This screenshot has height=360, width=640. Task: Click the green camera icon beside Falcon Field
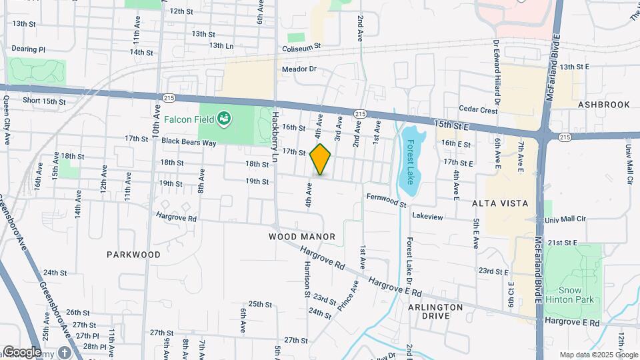point(225,119)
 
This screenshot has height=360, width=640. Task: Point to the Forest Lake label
point(411,163)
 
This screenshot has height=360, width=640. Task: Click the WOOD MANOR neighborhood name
point(302,236)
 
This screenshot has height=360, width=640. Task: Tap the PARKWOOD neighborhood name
point(133,255)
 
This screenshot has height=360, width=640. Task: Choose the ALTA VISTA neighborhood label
point(499,203)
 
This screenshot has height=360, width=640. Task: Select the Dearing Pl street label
point(29,49)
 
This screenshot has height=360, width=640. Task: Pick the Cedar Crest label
point(478,110)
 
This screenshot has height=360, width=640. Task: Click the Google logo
point(21,351)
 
